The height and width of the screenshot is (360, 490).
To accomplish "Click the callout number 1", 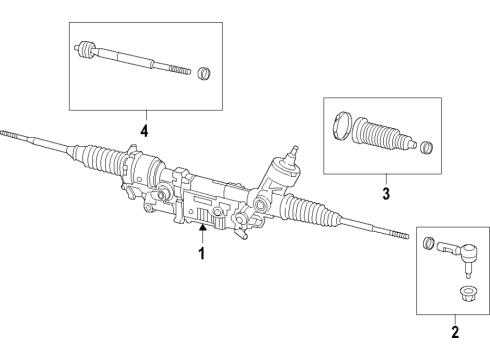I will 201,254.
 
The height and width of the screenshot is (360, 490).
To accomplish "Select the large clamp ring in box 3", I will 337,128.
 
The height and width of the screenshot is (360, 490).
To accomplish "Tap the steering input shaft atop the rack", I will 295,153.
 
